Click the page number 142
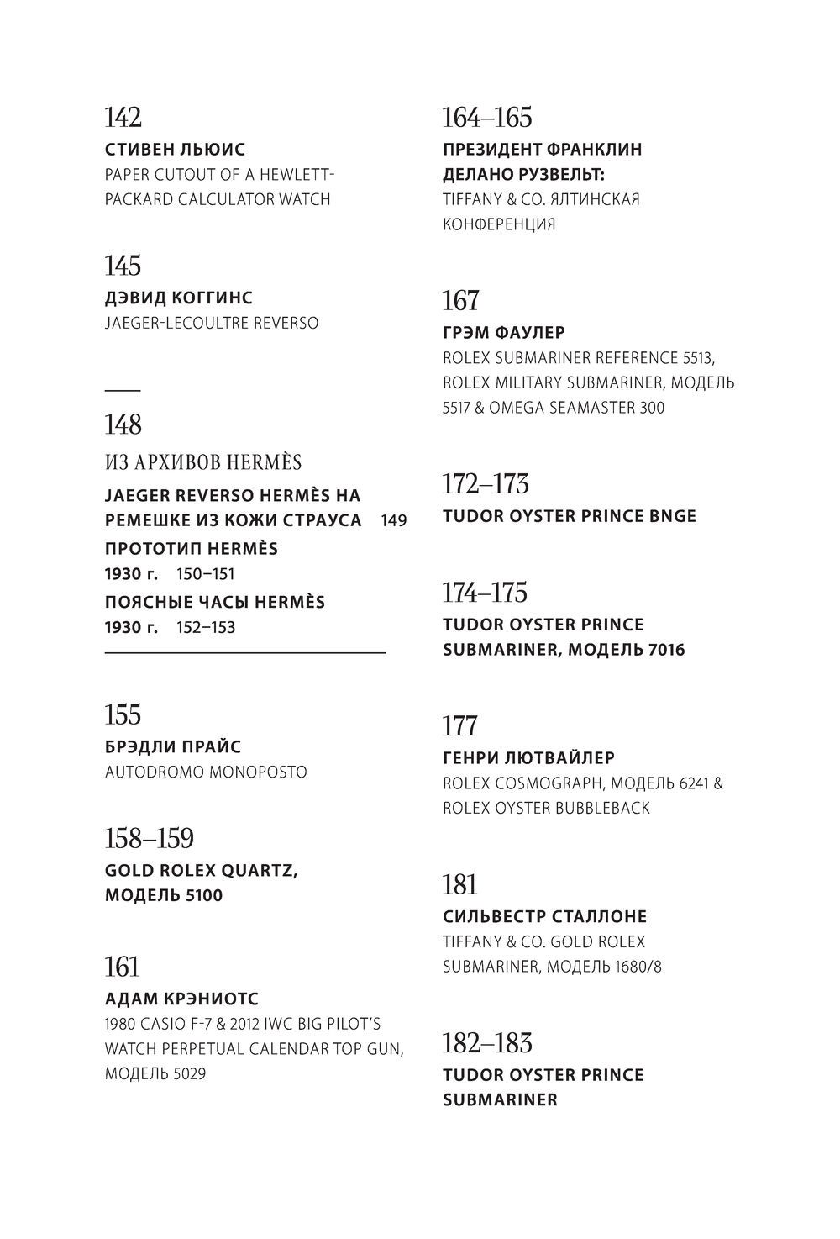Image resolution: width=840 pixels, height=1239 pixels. [x=123, y=117]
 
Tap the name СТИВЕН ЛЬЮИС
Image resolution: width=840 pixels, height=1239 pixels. [x=175, y=150]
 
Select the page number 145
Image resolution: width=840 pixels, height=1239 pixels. [x=123, y=266]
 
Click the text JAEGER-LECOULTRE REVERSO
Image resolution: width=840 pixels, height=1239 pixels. [x=211, y=323]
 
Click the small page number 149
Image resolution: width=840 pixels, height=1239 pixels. [x=393, y=520]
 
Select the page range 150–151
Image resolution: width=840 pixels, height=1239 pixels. [x=206, y=574]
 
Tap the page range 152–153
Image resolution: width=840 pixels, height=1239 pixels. [x=206, y=627]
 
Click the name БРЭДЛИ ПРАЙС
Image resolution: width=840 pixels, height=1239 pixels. [x=173, y=746]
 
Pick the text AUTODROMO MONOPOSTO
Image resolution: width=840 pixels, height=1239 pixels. [x=206, y=772]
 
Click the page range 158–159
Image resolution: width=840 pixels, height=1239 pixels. [x=149, y=838]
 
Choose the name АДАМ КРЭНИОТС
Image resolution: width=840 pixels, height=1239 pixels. [x=181, y=999]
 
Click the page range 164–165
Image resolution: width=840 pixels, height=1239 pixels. [x=487, y=117]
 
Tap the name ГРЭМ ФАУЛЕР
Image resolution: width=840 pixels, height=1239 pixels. [x=504, y=332]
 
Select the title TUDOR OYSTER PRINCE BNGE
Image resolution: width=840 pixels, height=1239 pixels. [x=570, y=516]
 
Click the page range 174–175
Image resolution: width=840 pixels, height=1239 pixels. [x=485, y=593]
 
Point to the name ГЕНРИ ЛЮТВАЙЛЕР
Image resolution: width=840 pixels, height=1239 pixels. [x=528, y=757]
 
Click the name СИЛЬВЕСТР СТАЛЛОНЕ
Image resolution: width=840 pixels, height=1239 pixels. [x=544, y=916]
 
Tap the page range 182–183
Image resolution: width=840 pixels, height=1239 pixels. [x=487, y=1043]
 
